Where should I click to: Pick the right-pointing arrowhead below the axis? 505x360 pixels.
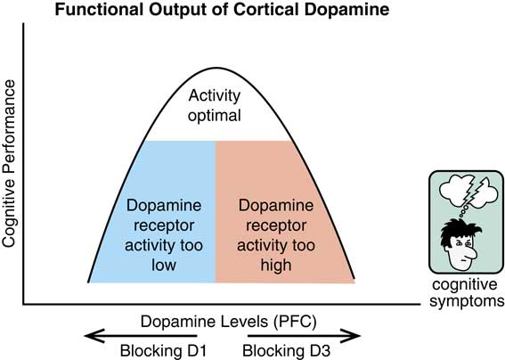(x=357, y=336)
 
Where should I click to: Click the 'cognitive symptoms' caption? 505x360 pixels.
(x=466, y=293)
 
